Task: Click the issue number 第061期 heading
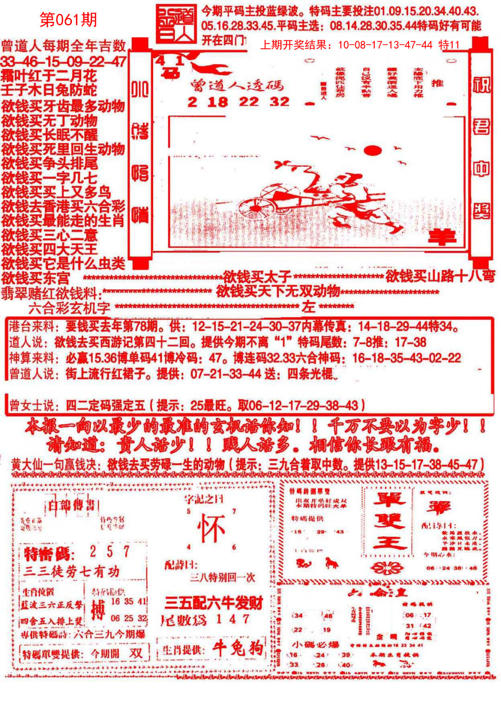[68, 20]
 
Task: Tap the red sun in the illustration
[372, 150]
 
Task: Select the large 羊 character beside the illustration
[441, 237]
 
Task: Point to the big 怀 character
[211, 529]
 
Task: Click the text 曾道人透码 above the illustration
[237, 85]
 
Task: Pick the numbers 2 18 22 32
[238, 102]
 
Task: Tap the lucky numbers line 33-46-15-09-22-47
[64, 62]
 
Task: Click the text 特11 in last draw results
[449, 45]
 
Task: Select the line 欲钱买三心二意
[50, 235]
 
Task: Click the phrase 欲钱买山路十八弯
[440, 276]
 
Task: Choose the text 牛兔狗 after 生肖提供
[238, 648]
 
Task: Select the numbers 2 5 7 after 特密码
[110, 552]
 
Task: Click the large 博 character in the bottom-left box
[98, 610]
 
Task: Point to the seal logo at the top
[176, 24]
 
